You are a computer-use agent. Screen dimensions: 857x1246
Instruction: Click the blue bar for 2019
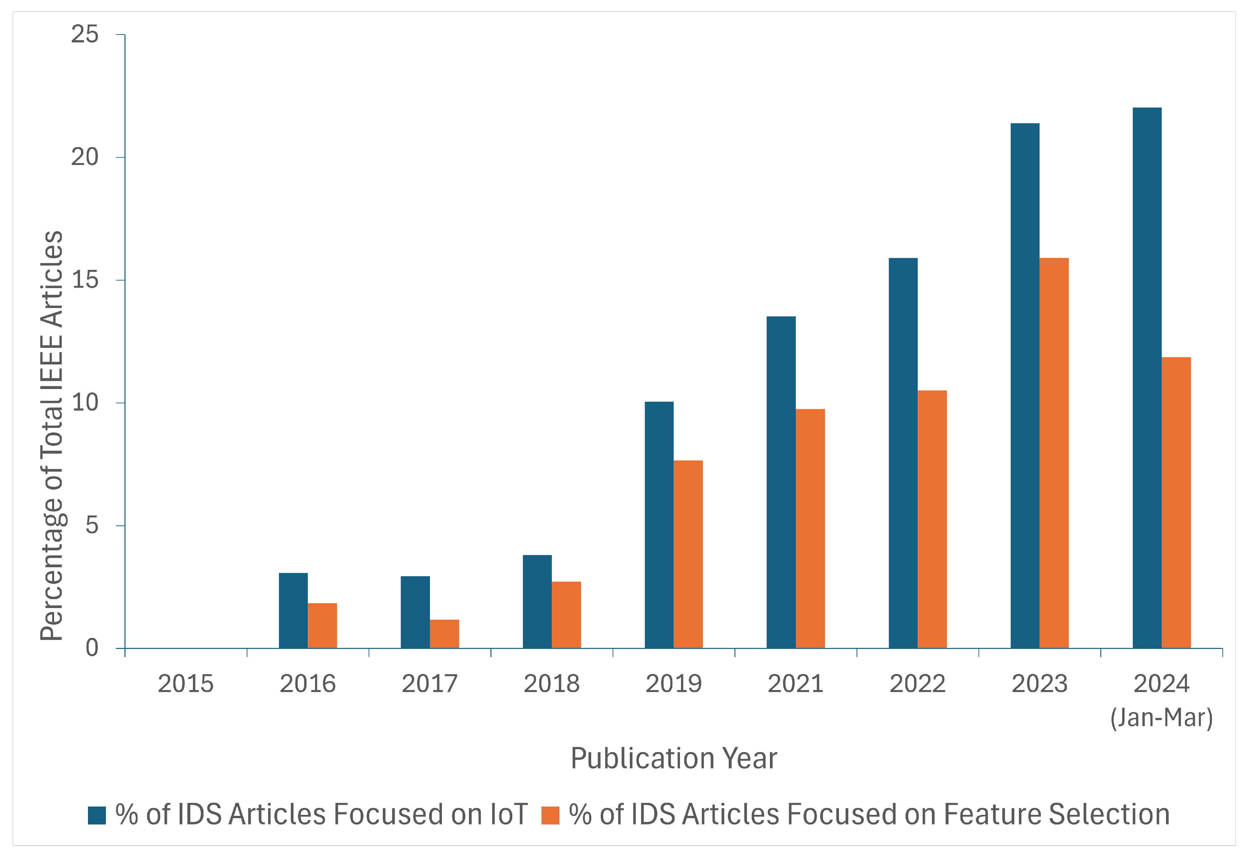click(x=659, y=525)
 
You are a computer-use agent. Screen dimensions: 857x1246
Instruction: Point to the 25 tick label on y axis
click(x=85, y=35)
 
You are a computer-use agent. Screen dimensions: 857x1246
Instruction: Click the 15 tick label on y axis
click(x=85, y=280)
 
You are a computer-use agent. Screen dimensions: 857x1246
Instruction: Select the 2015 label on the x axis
click(x=185, y=683)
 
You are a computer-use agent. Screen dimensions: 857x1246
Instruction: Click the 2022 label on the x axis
click(x=917, y=683)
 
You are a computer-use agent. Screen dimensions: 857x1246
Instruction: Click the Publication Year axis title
click(x=674, y=758)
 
